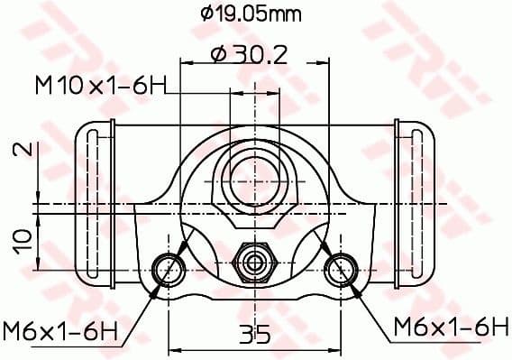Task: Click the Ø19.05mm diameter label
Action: pos(251,14)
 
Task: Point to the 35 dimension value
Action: pos(255,336)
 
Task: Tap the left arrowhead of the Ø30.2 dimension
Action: pos(187,63)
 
